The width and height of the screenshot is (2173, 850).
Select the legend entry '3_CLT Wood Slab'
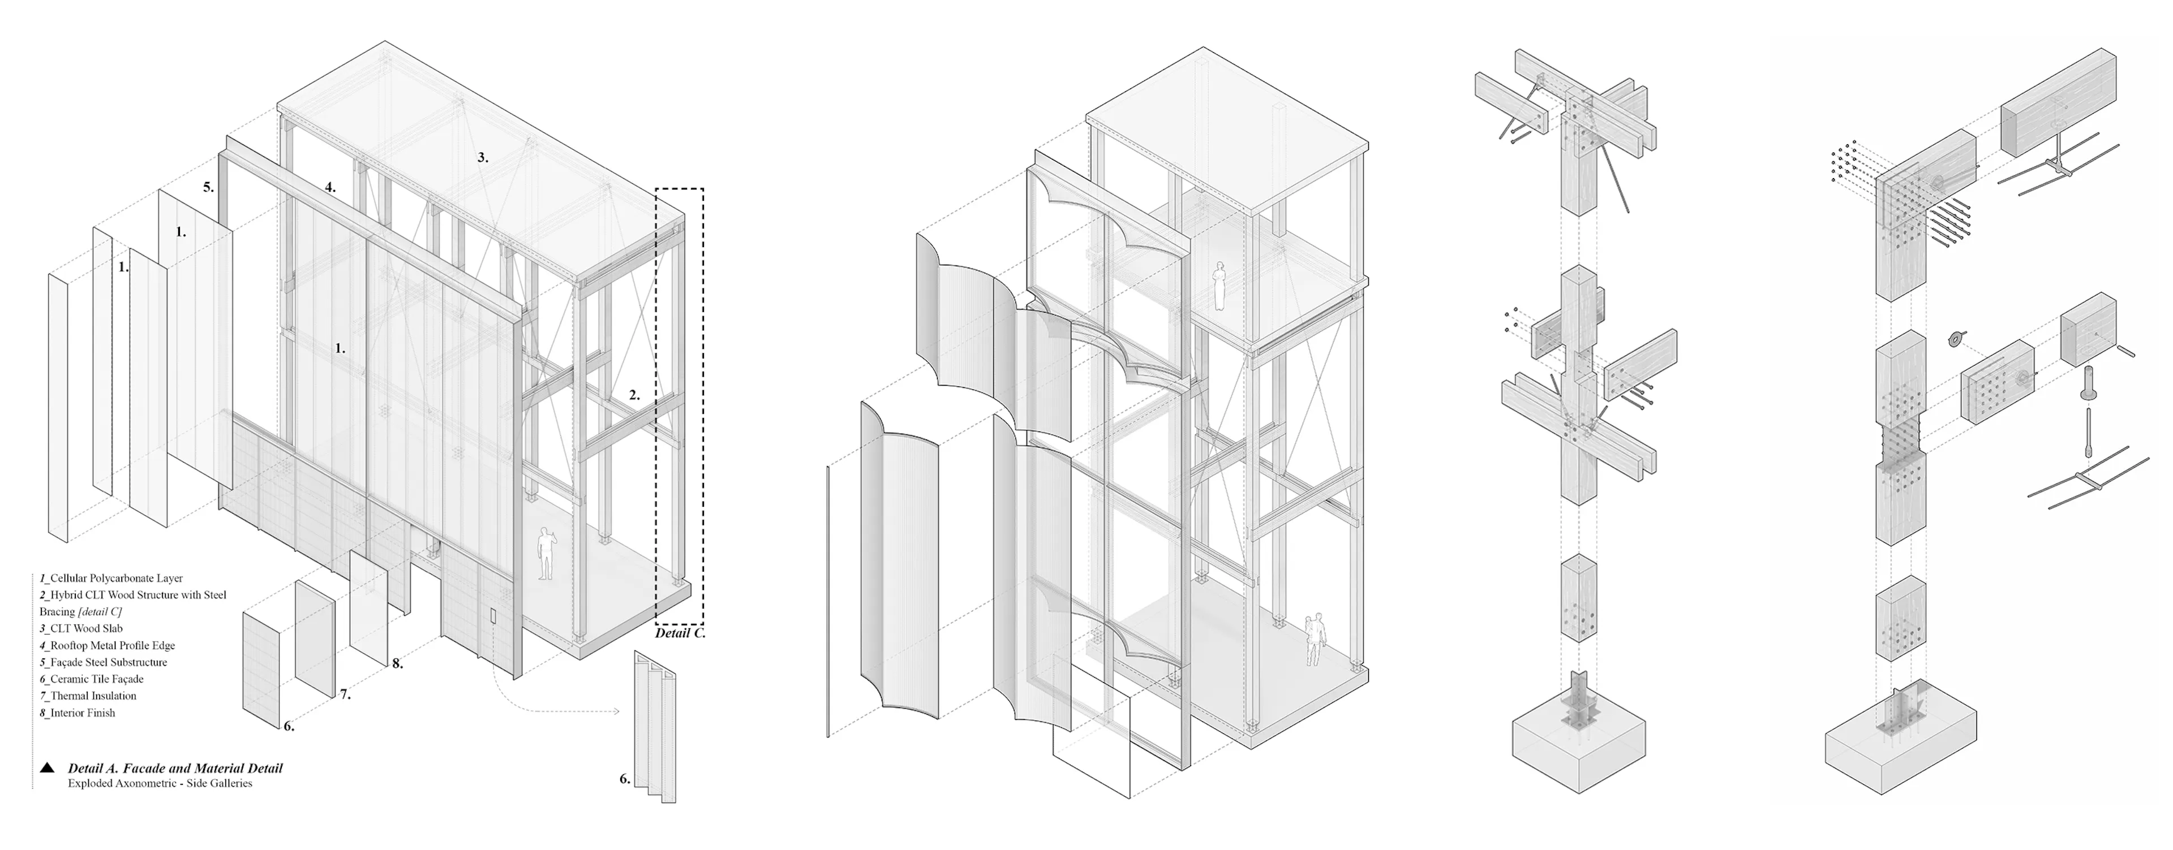point(81,628)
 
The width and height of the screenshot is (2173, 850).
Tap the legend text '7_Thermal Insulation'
point(88,696)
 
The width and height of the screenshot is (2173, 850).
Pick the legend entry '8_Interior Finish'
point(77,713)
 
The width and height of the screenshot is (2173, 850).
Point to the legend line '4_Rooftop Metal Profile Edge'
point(107,645)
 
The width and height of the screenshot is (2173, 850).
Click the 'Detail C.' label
point(680,632)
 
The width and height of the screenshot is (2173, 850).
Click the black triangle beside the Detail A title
point(47,768)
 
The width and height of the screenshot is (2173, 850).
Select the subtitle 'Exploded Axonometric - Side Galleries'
point(160,783)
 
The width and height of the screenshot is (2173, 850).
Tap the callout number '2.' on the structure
point(634,395)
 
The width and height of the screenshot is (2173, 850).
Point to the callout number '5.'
point(208,187)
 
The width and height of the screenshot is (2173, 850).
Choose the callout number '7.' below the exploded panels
point(345,695)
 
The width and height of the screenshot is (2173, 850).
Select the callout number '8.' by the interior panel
point(397,663)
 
